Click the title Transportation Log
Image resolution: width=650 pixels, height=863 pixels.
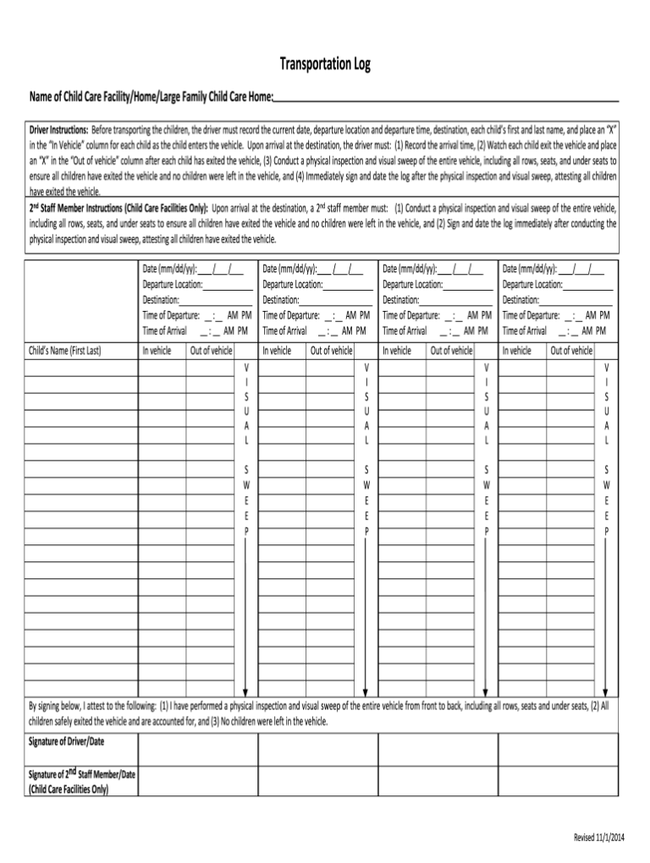325,65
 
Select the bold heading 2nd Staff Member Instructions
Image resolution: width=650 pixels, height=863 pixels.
118,207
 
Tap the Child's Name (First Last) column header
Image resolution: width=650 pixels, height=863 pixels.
64,351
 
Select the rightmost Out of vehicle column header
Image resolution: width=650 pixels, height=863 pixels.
572,351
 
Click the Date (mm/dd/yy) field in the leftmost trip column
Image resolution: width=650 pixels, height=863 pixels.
193,270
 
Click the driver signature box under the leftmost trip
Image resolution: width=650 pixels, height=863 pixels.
198,748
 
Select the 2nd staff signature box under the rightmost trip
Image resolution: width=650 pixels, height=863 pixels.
559,781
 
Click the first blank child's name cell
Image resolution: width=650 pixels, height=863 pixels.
81,368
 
